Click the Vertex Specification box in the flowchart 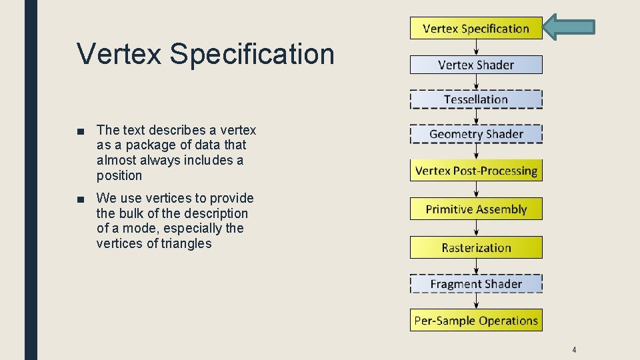pyautogui.click(x=476, y=29)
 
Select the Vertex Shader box pyautogui.click(x=476, y=65)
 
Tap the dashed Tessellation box pyautogui.click(x=476, y=99)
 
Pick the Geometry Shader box pyautogui.click(x=476, y=134)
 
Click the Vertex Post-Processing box pyautogui.click(x=476, y=171)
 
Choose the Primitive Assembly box pyautogui.click(x=476, y=209)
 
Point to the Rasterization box pyautogui.click(x=476, y=247)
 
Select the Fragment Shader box pyautogui.click(x=476, y=284)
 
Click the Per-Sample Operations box pyautogui.click(x=476, y=320)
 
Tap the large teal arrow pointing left pyautogui.click(x=568, y=27)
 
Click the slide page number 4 pyautogui.click(x=574, y=350)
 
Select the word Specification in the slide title pyautogui.click(x=252, y=54)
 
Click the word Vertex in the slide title pyautogui.click(x=119, y=54)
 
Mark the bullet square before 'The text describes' pyautogui.click(x=81, y=131)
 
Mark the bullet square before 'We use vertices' pyautogui.click(x=81, y=199)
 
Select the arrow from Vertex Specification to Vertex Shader pyautogui.click(x=476, y=47)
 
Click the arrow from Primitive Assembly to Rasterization pyautogui.click(x=476, y=228)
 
